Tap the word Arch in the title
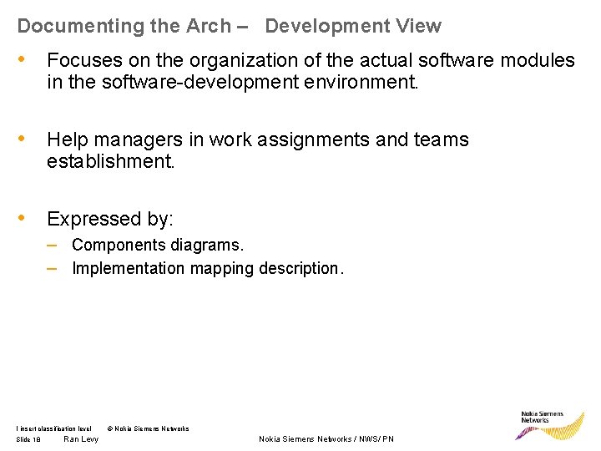209,26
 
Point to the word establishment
111,161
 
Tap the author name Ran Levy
81,439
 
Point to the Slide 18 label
28,439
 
